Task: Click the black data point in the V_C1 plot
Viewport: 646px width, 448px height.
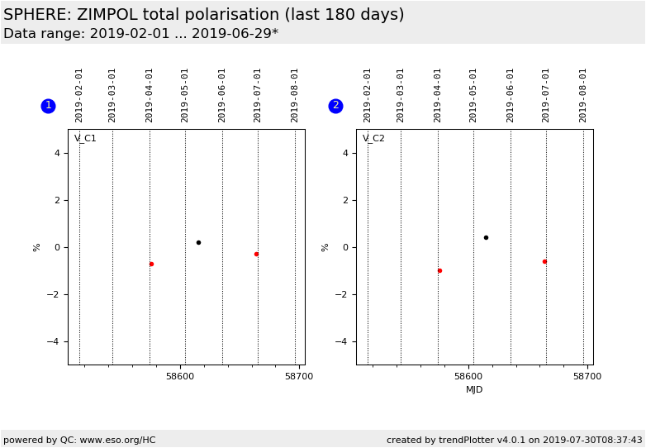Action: point(198,242)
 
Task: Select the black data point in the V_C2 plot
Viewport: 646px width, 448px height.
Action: point(486,237)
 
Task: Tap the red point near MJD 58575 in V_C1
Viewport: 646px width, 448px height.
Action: point(151,264)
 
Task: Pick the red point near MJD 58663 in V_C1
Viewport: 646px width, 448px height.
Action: point(256,254)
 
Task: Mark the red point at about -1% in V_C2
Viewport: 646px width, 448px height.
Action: point(439,270)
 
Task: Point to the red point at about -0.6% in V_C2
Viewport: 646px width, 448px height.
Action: point(544,261)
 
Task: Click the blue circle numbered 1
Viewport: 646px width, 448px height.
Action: point(48,106)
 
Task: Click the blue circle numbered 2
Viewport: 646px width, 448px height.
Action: point(335,106)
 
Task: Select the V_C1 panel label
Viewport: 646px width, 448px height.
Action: point(85,138)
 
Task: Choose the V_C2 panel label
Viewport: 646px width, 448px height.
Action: point(373,138)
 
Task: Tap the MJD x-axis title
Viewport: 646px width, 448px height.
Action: point(474,389)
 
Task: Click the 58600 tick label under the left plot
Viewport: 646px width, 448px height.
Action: point(180,376)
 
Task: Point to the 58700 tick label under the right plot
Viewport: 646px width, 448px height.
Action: point(587,376)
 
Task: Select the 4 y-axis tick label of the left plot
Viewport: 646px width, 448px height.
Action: point(57,153)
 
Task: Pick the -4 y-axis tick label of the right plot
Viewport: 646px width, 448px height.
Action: point(342,341)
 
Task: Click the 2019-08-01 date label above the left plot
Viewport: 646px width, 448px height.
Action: point(295,94)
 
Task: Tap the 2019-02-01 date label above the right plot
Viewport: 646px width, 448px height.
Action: point(368,94)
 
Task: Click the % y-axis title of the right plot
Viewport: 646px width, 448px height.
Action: point(325,247)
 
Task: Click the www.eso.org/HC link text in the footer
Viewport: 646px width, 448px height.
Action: point(117,440)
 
